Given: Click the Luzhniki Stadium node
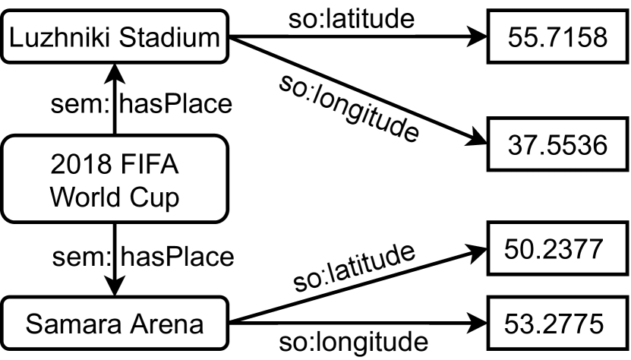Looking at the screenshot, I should click(x=115, y=37).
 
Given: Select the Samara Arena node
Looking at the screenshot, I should click(x=115, y=325).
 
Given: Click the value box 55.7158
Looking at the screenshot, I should click(x=557, y=37).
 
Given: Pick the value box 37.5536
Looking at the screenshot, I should click(x=557, y=144).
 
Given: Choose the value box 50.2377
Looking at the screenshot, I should click(x=557, y=248).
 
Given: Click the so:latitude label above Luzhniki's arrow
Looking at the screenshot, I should click(x=352, y=18).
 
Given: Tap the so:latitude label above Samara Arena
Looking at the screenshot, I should click(x=355, y=270).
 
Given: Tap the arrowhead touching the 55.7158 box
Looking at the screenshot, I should click(x=478, y=37).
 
